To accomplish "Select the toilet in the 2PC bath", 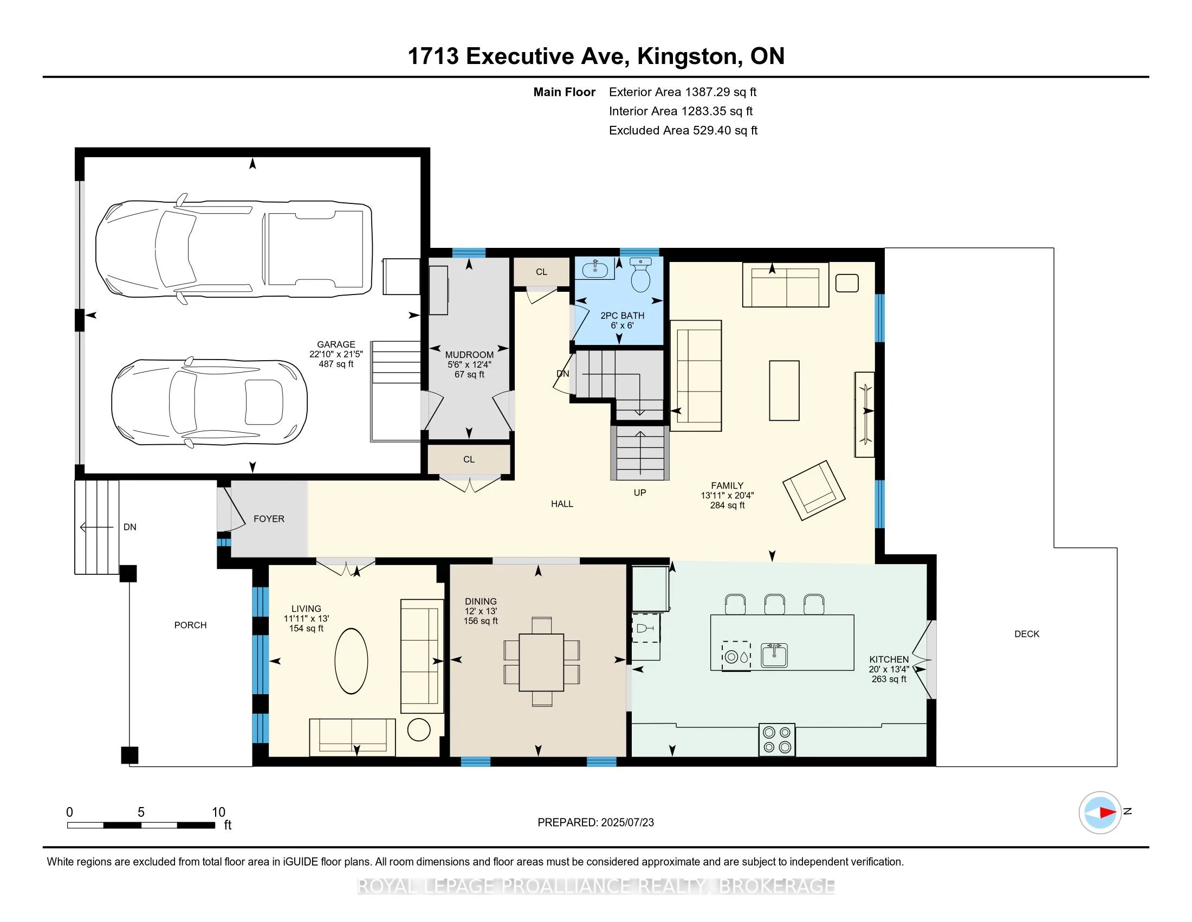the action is tap(641, 275).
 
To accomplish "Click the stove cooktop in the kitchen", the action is tap(776, 740).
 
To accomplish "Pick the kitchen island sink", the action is tap(774, 656).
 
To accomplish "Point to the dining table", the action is tap(541, 663).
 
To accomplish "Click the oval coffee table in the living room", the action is tap(351, 661).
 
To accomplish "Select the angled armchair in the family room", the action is tap(814, 490).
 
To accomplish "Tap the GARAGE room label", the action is tap(336, 344).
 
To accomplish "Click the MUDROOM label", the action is tap(469, 355).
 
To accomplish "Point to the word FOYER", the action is tap(269, 519).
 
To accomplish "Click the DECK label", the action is tap(1027, 634).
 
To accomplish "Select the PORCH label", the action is tap(191, 625).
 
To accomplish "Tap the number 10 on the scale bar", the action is tap(218, 812).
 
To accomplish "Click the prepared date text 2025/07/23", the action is tap(627, 823).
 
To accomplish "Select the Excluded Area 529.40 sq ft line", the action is tap(683, 131).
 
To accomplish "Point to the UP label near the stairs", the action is tap(640, 492).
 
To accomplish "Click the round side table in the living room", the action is tap(419, 729).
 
